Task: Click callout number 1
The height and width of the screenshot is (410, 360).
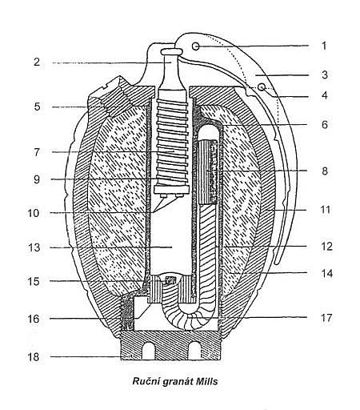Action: (x=324, y=46)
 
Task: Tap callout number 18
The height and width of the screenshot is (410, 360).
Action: (x=34, y=357)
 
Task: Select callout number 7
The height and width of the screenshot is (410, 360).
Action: (x=37, y=152)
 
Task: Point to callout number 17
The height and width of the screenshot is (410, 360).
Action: (x=326, y=318)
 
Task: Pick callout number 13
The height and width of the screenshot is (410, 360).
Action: (x=34, y=247)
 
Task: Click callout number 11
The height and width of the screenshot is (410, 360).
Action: (x=326, y=210)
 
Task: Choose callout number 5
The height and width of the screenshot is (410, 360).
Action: (x=37, y=107)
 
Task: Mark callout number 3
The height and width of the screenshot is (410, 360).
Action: (x=324, y=74)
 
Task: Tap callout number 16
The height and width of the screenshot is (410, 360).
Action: (x=34, y=319)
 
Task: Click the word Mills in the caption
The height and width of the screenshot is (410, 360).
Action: (x=207, y=381)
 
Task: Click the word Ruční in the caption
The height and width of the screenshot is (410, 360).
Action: (x=146, y=381)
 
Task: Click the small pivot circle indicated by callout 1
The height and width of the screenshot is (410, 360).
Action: (x=195, y=46)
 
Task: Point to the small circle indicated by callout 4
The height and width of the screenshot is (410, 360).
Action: (x=262, y=86)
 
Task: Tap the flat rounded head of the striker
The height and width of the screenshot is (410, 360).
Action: (x=171, y=51)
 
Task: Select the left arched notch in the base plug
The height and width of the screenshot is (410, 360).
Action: (x=149, y=351)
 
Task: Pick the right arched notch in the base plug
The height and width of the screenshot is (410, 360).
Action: (x=194, y=351)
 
